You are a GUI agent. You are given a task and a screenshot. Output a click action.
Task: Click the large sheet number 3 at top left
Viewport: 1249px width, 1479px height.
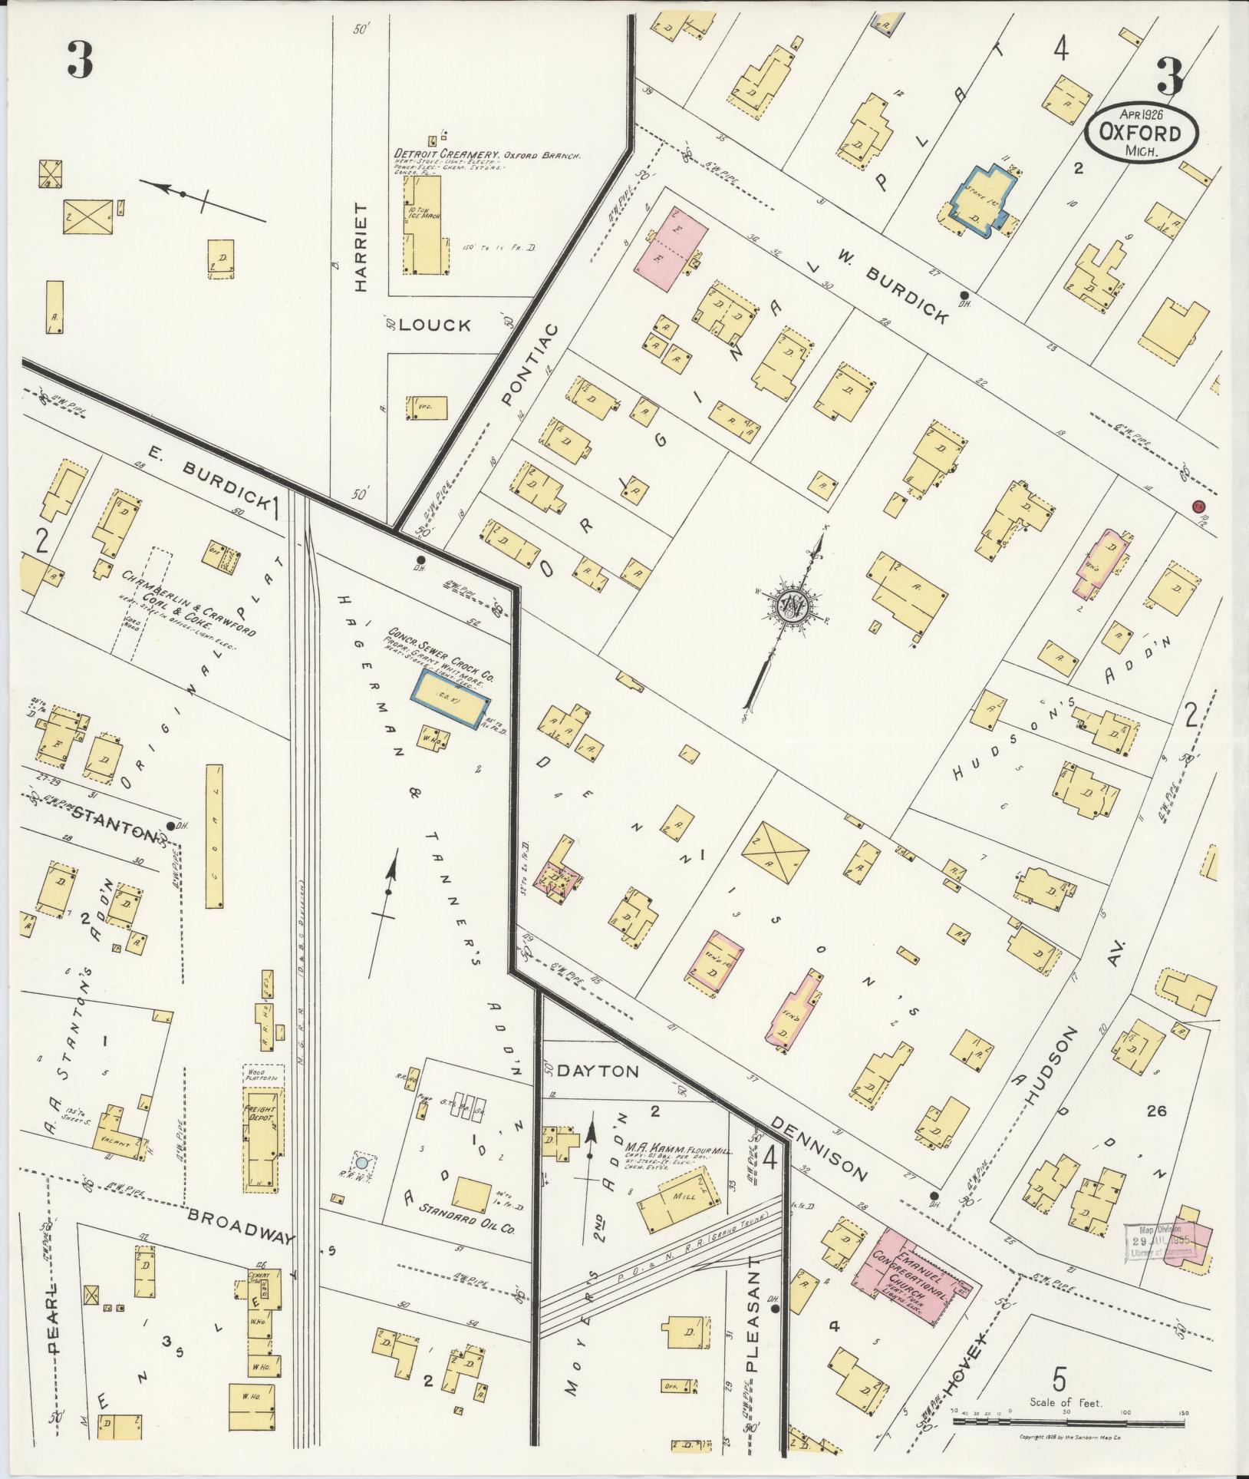point(81,61)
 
